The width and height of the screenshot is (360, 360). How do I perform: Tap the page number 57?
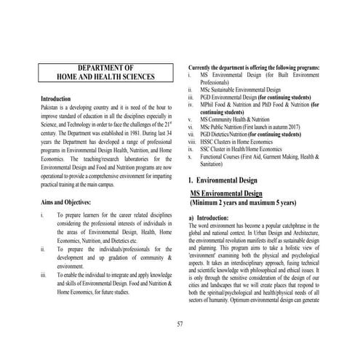[x=180, y=323]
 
